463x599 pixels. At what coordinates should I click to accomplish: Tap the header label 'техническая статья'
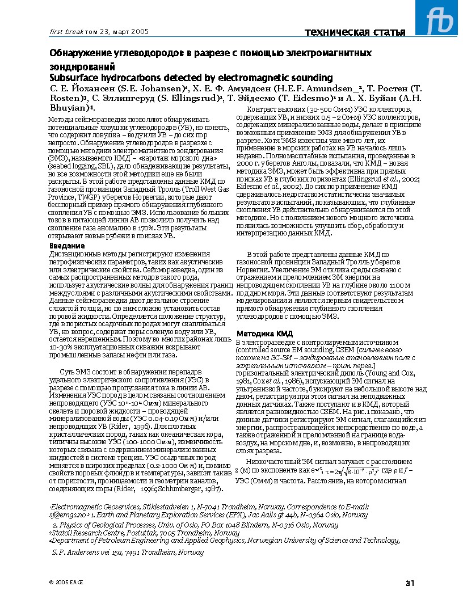click(355, 32)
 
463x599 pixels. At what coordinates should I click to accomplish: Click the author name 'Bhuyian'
click(69, 107)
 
